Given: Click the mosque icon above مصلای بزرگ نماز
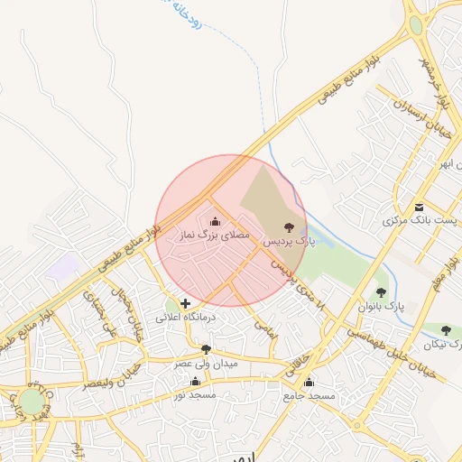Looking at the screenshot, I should pos(215,221).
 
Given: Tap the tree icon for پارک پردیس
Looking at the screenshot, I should pos(290,227).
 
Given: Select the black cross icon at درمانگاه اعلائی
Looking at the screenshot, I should pos(185,304).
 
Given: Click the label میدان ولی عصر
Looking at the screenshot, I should pos(207,363).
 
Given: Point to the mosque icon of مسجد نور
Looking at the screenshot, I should pos(196,382).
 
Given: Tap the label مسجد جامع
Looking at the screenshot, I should pos(309,396).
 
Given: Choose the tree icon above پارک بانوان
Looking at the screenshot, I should pos(381,292).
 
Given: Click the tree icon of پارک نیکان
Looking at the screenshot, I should pos(445,331).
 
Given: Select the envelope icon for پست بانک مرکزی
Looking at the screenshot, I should pos(420,206).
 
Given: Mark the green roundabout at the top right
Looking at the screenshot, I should pos(416,24).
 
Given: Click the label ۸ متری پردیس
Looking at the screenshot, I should pos(300,283).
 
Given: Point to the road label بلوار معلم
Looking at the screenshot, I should pos(441,275).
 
